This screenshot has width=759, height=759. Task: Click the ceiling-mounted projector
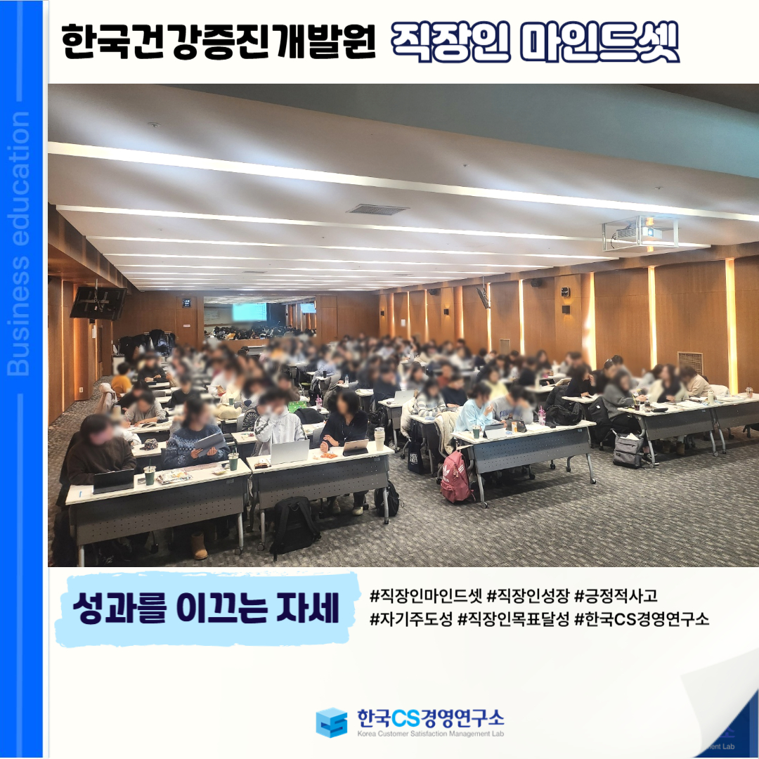point(640,233)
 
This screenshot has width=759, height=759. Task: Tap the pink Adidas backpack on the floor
point(455,476)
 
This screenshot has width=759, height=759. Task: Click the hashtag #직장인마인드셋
point(427,596)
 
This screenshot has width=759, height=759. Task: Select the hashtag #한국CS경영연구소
point(642,619)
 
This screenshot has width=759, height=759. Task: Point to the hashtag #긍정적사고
point(616,596)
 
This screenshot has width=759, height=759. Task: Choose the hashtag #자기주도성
point(411,619)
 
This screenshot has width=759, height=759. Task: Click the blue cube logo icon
point(331,722)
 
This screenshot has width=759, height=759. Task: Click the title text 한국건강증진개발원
point(219,42)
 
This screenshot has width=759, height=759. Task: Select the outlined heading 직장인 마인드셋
point(536,42)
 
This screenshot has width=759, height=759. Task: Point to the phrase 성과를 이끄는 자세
point(206,609)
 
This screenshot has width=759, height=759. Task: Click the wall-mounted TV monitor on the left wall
point(98,303)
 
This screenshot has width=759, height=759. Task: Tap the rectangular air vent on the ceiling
point(377,209)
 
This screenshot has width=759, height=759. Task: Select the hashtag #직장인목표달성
point(514,619)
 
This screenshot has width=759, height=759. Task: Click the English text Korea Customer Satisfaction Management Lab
point(431,734)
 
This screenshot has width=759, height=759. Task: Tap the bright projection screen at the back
point(249,312)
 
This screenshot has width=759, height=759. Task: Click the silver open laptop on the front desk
point(290,452)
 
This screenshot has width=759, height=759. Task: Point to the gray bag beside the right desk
point(628,450)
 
